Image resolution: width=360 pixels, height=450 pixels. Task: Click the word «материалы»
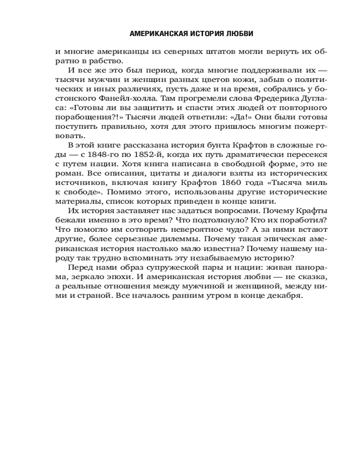click(77, 201)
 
